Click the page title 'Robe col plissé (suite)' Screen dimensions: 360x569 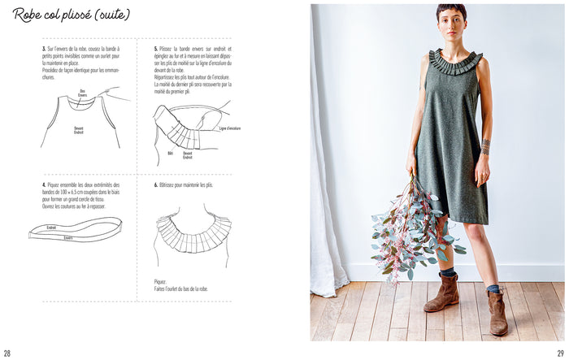pyautogui.click(x=71, y=15)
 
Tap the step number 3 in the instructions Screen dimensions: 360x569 pyautogui.click(x=43, y=49)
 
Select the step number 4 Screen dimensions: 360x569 pyautogui.click(x=43, y=185)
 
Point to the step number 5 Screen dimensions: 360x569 pyautogui.click(x=155, y=49)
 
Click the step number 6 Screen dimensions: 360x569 pyautogui.click(x=155, y=185)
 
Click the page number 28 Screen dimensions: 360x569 pyautogui.click(x=7, y=353)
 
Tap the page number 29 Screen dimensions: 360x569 pyautogui.click(x=560, y=353)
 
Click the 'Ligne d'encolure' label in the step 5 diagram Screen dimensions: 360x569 pyautogui.click(x=230, y=128)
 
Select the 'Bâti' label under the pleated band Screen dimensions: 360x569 pyautogui.click(x=171, y=152)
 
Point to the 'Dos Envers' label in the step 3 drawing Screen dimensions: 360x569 pyautogui.click(x=82, y=92)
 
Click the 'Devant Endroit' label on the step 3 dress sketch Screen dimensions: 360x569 pyautogui.click(x=78, y=129)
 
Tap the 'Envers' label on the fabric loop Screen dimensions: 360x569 pyautogui.click(x=68, y=238)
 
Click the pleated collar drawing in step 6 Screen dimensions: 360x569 pyautogui.click(x=193, y=231)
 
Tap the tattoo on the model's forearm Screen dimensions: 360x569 pyautogui.click(x=485, y=147)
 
